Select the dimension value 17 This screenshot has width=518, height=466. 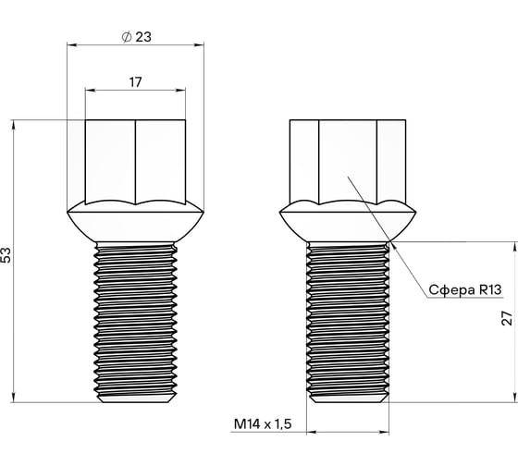click(135, 82)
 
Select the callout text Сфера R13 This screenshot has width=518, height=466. click(464, 289)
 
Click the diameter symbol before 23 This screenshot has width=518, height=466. click(125, 37)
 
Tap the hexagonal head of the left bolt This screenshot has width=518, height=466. click(135, 159)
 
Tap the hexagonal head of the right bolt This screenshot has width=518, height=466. click(347, 159)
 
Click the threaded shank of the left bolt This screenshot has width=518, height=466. click(135, 319)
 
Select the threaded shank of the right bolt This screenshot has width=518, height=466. click(347, 319)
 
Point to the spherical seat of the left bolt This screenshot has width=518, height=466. click(135, 222)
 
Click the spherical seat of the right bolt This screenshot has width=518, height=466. click(347, 222)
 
